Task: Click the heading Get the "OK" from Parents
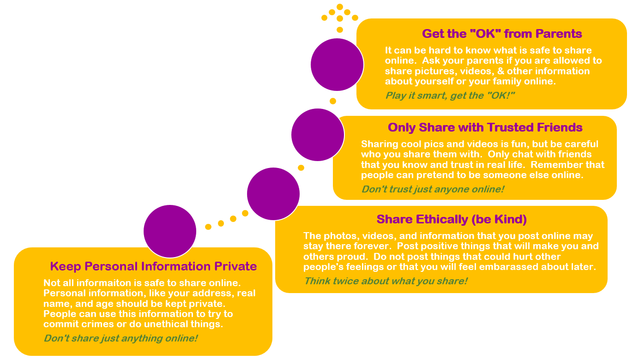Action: (x=501, y=34)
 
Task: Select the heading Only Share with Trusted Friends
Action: (x=485, y=127)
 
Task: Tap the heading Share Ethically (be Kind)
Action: (x=451, y=219)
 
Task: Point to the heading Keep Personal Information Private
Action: (x=153, y=266)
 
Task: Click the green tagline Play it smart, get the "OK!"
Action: (x=450, y=96)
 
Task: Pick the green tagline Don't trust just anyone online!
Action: (x=433, y=189)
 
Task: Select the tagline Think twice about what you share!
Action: (x=386, y=281)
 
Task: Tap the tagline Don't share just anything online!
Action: (x=121, y=338)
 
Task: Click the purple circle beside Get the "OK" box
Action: (x=337, y=65)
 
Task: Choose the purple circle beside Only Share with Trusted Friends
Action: (x=318, y=135)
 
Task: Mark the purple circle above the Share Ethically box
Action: (x=273, y=194)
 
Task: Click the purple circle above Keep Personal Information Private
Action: (x=170, y=231)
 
